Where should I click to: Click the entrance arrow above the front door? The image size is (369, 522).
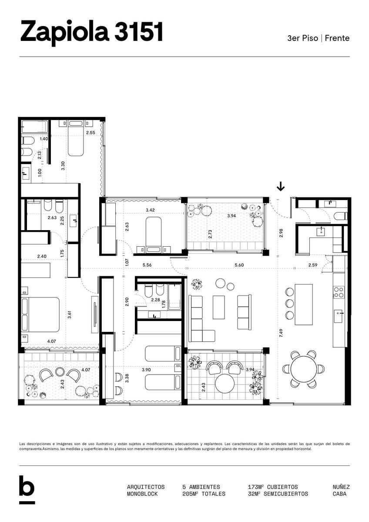[x=281, y=187]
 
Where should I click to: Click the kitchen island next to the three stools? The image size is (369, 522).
[x=303, y=304]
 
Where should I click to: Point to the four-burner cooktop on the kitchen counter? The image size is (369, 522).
[x=339, y=292]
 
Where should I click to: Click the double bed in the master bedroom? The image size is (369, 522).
[x=40, y=315]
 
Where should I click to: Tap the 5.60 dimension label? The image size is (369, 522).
[x=239, y=265]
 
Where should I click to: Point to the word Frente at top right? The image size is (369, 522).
[x=337, y=38]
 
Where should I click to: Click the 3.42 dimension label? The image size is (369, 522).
[x=150, y=210]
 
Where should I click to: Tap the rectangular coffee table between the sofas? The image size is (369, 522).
[x=218, y=307]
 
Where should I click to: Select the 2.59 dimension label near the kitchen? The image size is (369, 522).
[x=312, y=265]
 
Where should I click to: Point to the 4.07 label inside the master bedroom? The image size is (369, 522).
[x=51, y=341]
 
